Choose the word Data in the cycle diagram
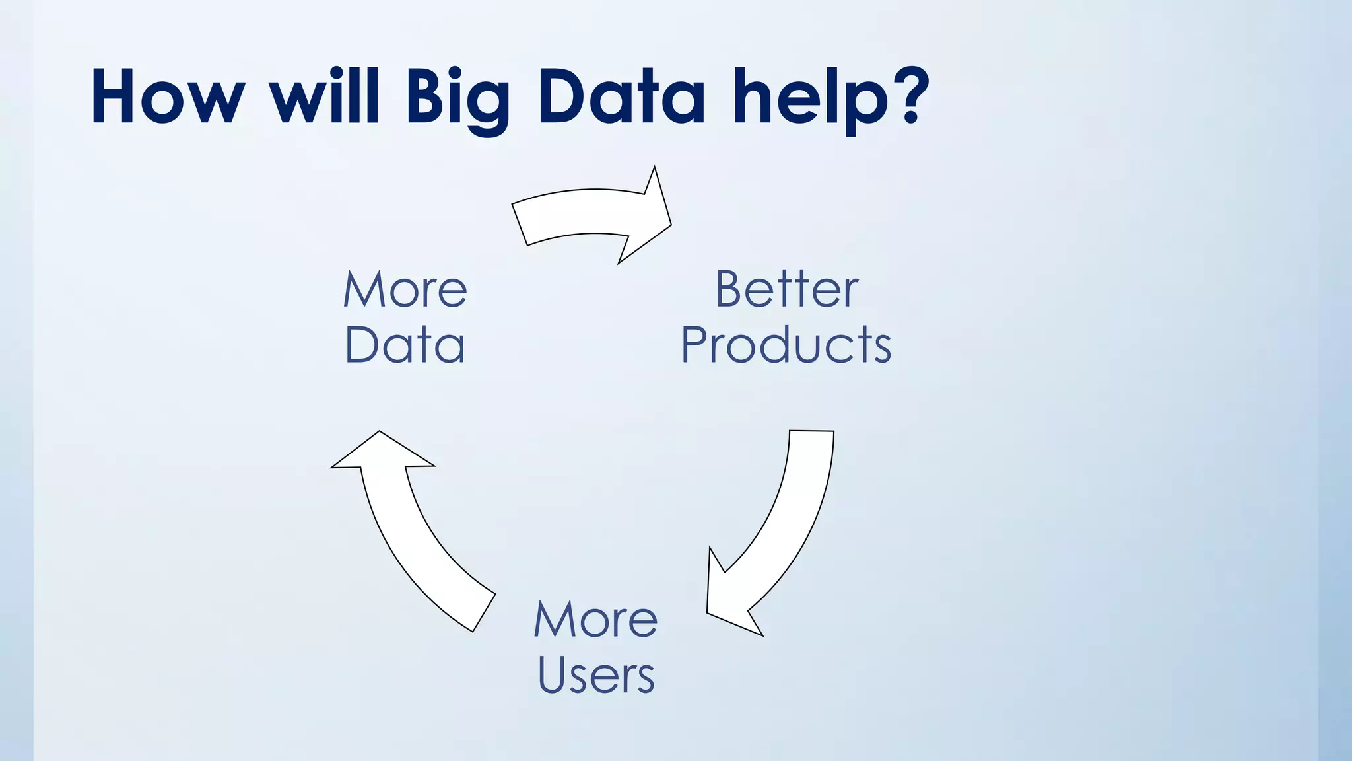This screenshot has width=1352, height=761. coord(405,345)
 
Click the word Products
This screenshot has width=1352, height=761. coord(786,345)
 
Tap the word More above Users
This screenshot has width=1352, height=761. coord(595,620)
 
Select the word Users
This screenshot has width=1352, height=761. coord(595,675)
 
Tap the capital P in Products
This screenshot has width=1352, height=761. coord(696,345)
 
